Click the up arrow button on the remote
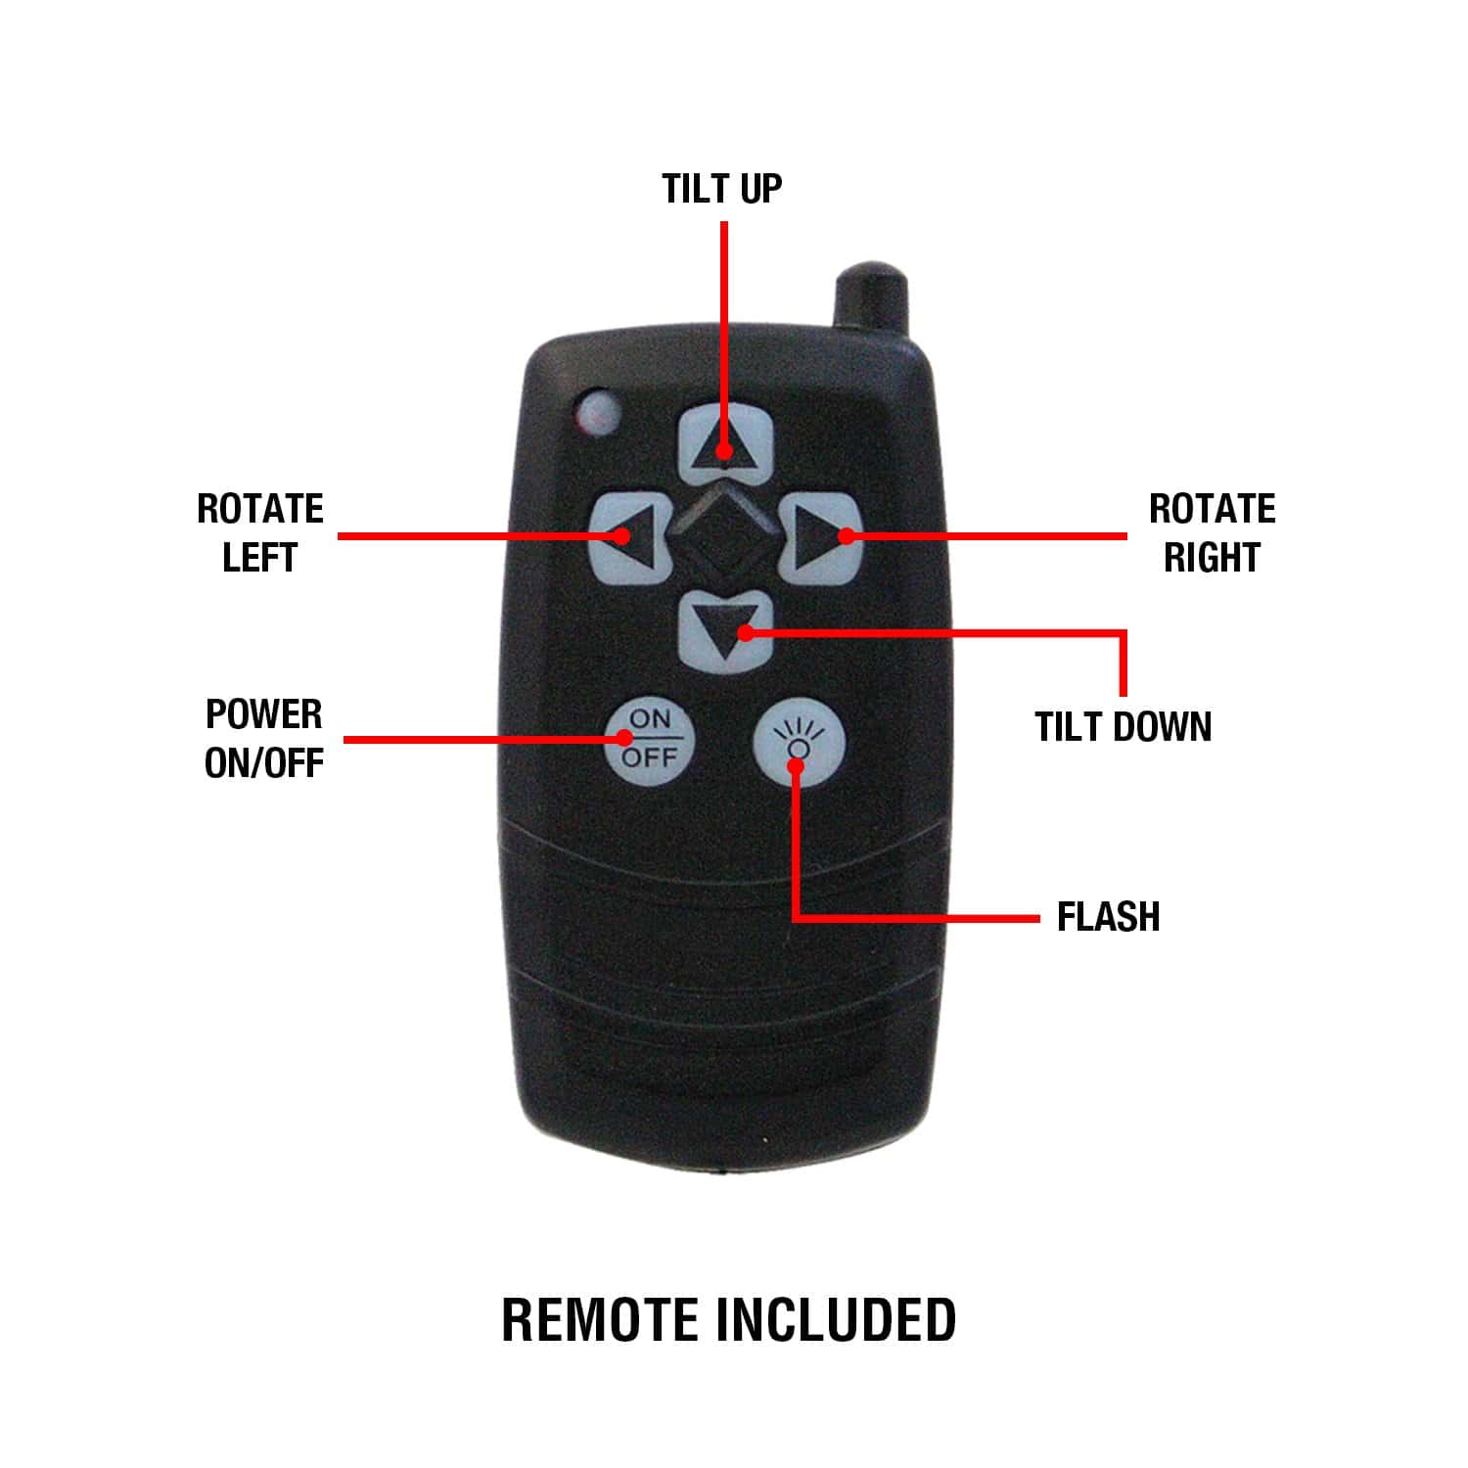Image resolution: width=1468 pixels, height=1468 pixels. click(x=724, y=444)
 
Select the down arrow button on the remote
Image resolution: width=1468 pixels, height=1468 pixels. click(x=726, y=630)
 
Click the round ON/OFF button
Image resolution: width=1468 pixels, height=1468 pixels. click(x=651, y=740)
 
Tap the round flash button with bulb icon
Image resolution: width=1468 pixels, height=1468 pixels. click(x=799, y=743)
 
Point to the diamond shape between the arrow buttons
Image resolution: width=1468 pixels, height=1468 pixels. click(x=724, y=535)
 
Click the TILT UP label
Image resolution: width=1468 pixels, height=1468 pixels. click(x=722, y=189)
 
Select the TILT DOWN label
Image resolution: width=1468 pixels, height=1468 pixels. click(x=1124, y=727)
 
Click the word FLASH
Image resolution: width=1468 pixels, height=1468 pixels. click(x=1108, y=918)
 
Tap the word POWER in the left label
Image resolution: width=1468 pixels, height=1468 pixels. click(x=263, y=715)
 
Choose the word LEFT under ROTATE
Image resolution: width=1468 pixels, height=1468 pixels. click(x=259, y=558)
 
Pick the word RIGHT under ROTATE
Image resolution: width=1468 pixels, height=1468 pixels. click(x=1212, y=558)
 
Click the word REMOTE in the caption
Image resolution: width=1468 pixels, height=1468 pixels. click(x=600, y=1319)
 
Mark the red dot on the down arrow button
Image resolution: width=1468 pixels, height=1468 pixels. click(x=745, y=632)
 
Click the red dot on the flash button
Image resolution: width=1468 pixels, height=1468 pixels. click(x=797, y=765)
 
